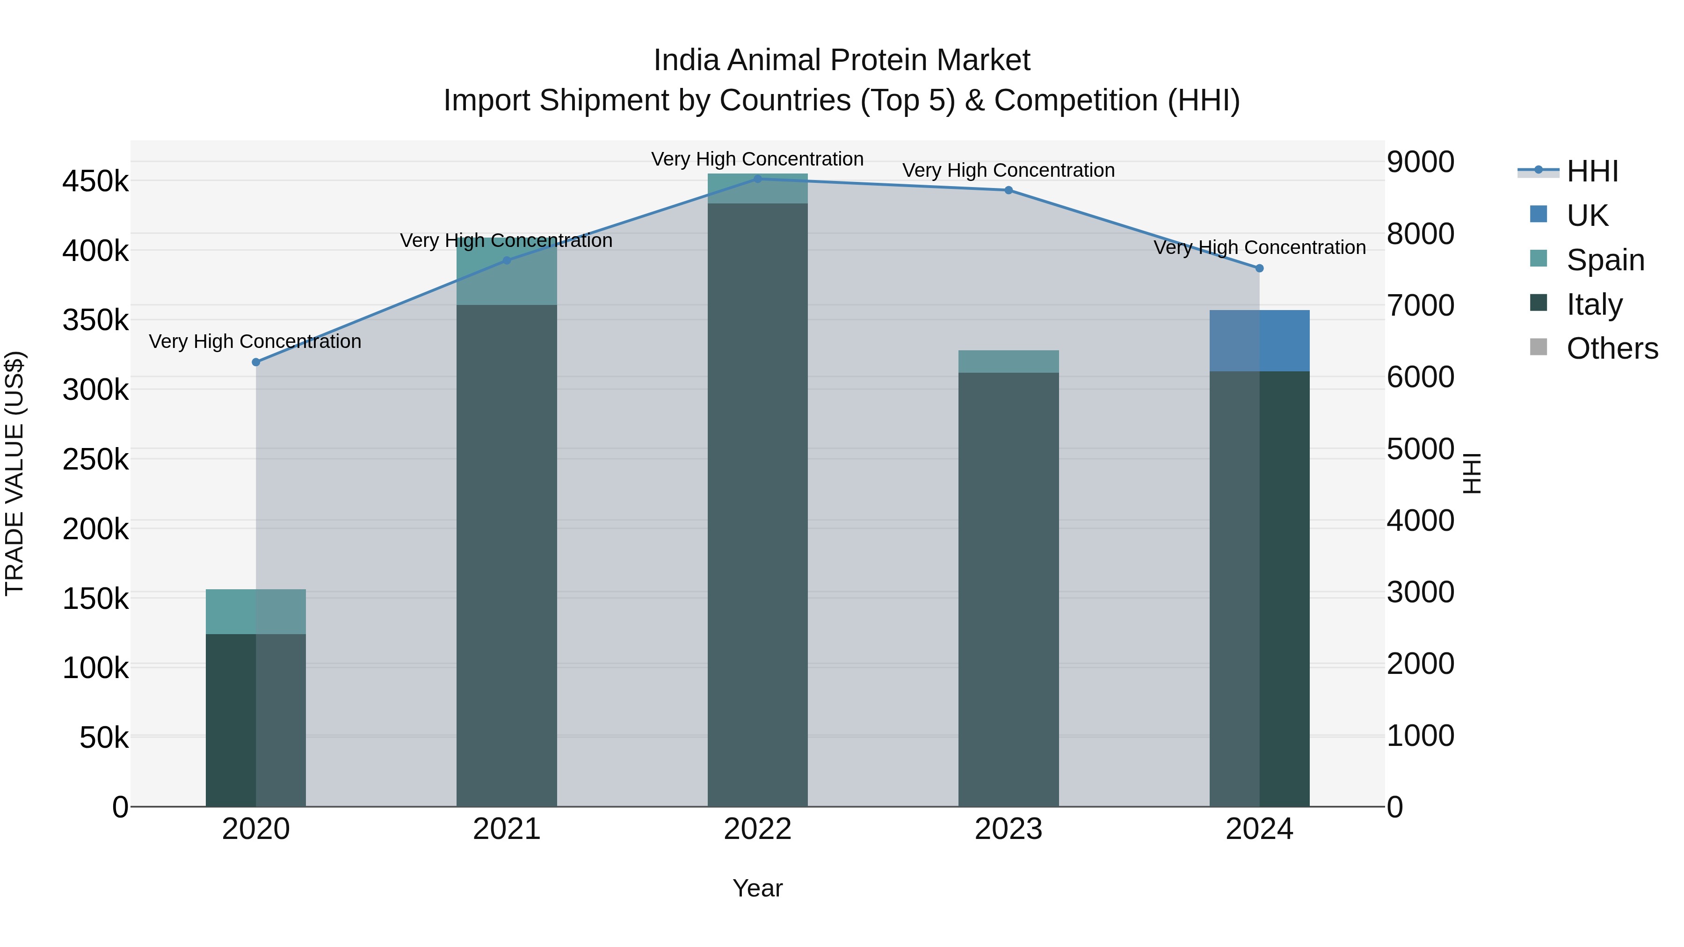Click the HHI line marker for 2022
point(758,179)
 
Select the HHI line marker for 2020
point(255,362)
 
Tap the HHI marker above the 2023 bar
point(1008,190)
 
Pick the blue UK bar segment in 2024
point(1259,340)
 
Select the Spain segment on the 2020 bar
point(255,611)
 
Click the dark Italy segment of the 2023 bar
point(1008,588)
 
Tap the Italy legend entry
point(1594,304)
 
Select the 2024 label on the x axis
point(1259,829)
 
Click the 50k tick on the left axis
point(104,738)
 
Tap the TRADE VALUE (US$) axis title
point(15,473)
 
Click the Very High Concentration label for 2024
point(1259,248)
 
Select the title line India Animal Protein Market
point(842,60)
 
